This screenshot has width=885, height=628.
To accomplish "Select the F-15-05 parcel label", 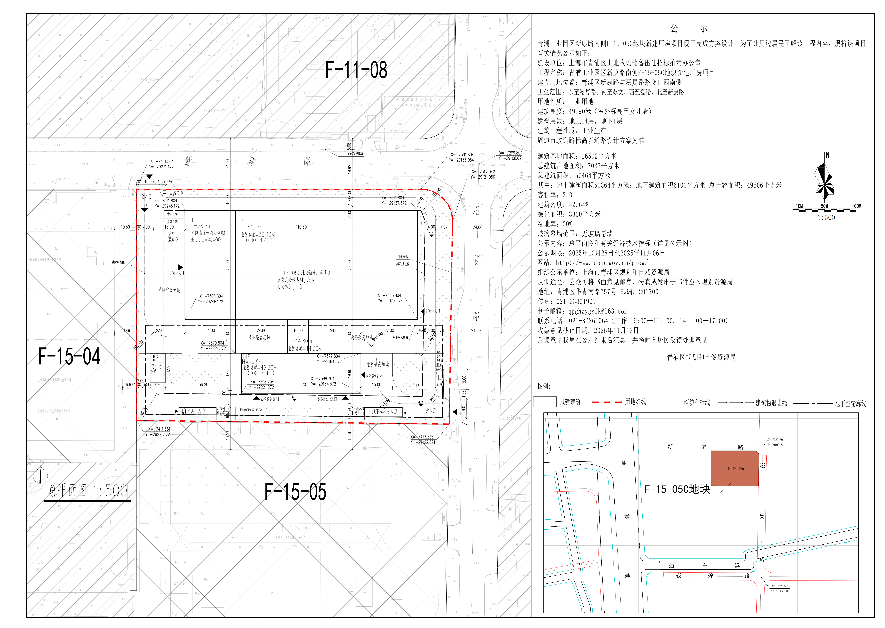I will point(295,492).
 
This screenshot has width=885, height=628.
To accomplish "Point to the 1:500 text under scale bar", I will point(826,218).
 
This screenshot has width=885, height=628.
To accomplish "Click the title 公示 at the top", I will point(689,28).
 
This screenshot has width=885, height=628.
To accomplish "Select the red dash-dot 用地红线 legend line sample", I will point(607,402).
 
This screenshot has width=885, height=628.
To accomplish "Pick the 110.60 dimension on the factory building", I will point(301,227).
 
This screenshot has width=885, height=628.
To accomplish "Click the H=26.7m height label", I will point(201,226).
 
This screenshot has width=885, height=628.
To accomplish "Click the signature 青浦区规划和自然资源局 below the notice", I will point(701,357).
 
